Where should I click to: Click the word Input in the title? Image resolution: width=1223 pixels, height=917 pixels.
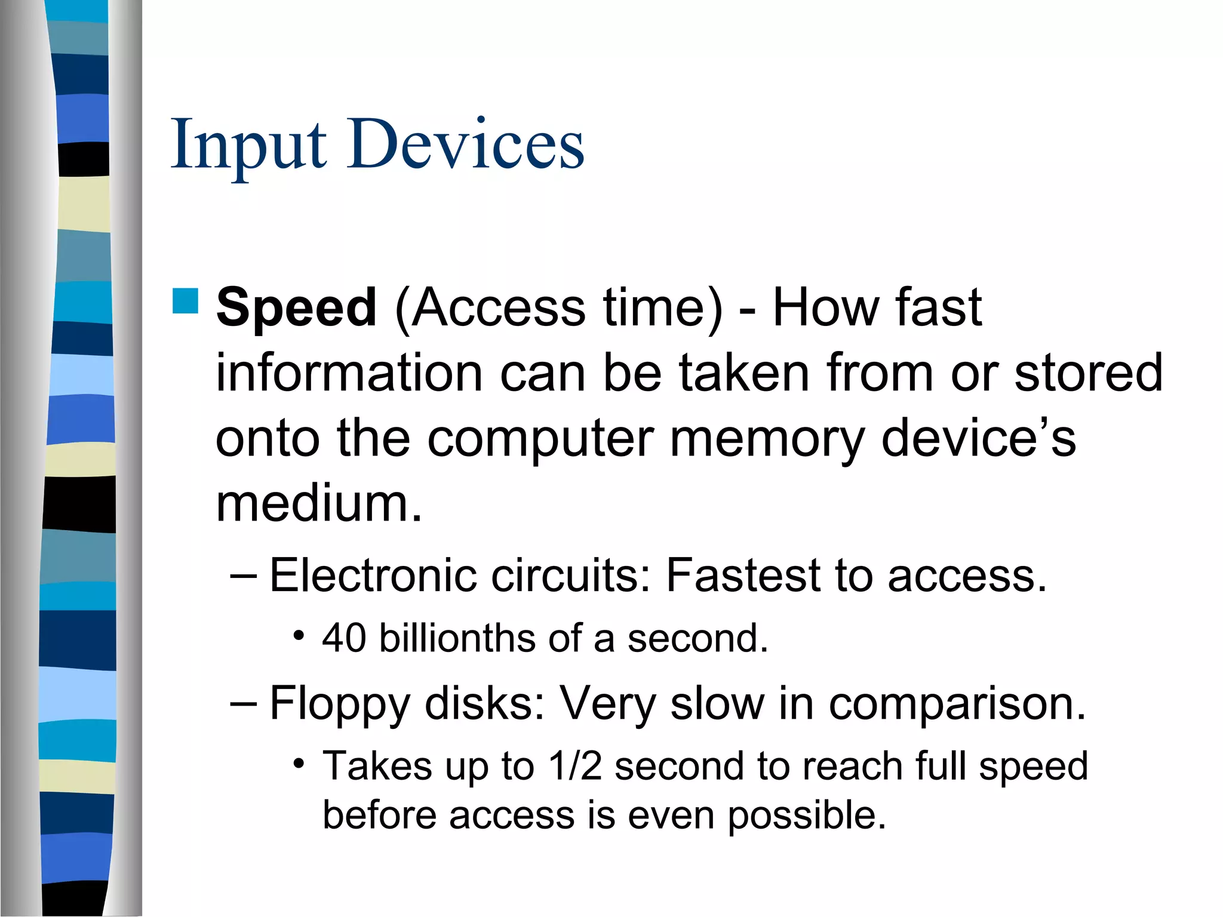tap(248, 145)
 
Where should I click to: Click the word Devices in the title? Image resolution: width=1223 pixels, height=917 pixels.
tap(466, 145)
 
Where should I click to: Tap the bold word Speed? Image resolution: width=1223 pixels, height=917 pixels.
tap(296, 308)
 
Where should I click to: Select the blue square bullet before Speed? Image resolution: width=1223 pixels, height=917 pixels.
tap(185, 301)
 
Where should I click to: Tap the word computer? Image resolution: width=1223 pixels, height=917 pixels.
tap(540, 439)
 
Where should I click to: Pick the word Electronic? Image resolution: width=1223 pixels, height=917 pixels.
tap(373, 575)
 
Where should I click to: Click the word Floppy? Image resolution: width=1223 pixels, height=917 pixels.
tap(339, 704)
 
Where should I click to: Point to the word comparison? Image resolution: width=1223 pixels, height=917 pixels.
tap(957, 704)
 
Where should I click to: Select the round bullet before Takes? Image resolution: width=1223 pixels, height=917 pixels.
tap(299, 764)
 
